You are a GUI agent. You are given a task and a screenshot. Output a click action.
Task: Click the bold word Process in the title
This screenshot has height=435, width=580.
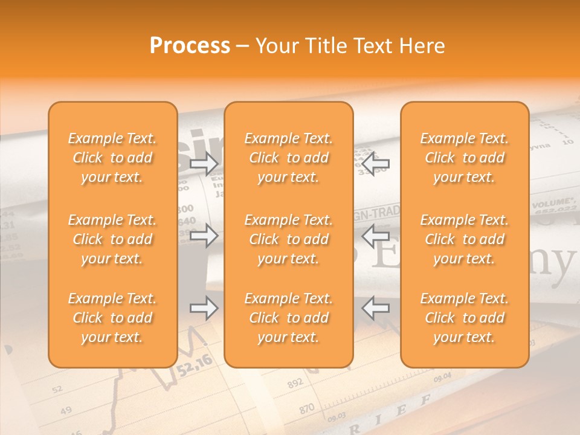pos(190,46)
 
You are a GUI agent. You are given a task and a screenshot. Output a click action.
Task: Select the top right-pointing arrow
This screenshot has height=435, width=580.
pos(204,164)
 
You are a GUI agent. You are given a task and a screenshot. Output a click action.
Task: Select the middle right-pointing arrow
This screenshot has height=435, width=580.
pos(204,236)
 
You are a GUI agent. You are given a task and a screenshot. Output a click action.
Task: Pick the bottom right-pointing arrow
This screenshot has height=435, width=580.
pos(204,308)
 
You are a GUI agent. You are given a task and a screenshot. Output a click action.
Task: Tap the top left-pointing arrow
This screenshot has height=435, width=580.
pos(375,164)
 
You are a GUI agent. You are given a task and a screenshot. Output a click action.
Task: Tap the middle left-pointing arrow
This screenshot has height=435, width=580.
pos(375,236)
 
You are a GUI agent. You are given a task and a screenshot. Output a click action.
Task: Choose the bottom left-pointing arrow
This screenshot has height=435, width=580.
pos(375,308)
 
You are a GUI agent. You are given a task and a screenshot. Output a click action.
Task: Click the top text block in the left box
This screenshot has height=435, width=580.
pos(112,158)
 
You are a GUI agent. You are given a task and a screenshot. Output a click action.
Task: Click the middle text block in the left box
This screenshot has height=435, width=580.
pos(112,239)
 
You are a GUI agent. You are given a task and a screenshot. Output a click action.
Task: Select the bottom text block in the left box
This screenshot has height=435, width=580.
pos(112,318)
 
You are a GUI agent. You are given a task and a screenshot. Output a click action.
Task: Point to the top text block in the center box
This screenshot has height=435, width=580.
pos(288,158)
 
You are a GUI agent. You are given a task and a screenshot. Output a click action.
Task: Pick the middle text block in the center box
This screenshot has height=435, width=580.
pos(288,239)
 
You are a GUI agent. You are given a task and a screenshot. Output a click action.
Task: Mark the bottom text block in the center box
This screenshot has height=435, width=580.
pos(288,318)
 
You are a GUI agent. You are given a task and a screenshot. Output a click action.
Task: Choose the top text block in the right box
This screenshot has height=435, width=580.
pos(464,158)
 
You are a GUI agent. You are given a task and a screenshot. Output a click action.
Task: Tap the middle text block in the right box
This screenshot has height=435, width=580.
pos(464,239)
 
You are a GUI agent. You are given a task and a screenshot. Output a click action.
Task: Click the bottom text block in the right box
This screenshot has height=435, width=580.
pos(464,318)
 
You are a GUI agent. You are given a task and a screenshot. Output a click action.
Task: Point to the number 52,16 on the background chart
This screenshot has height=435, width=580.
pos(195,364)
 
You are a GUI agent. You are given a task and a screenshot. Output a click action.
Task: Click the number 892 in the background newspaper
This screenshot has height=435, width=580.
pos(295,384)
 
